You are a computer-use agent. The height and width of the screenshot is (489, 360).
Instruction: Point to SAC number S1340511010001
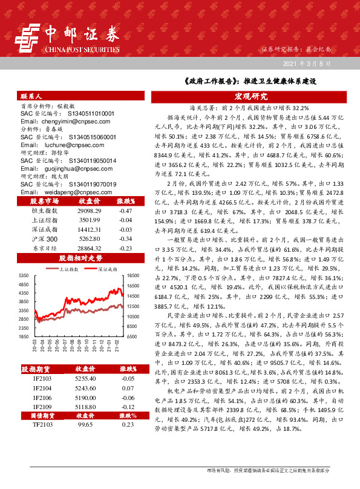83,113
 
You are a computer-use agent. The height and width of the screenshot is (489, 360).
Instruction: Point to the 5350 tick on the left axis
24,275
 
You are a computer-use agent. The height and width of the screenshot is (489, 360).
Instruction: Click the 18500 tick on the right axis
134,275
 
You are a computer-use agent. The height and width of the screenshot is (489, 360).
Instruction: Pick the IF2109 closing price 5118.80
85,407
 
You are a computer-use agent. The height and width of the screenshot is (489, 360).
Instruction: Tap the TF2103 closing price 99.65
85,425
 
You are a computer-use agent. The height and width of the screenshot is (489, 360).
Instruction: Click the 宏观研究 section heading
250,96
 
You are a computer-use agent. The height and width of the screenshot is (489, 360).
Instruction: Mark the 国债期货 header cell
44,416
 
